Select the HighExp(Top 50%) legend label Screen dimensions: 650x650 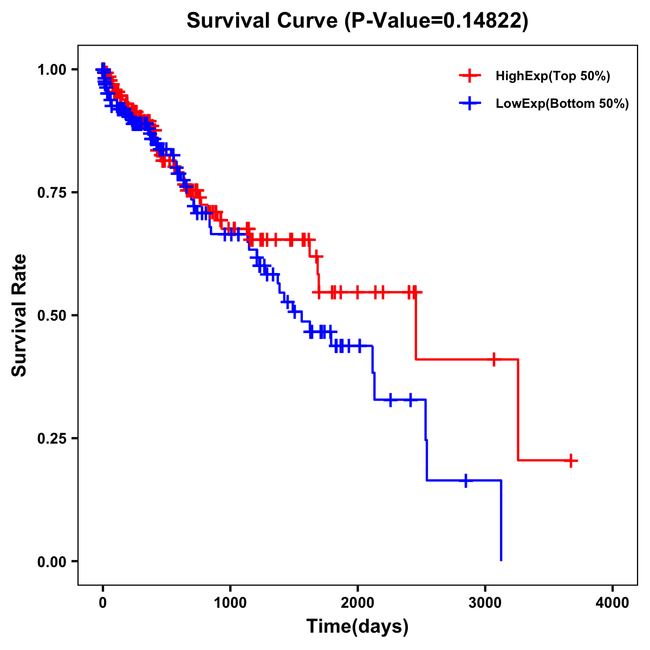click(553, 76)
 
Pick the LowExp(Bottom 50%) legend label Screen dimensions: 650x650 click(562, 104)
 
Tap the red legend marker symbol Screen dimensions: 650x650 click(470, 76)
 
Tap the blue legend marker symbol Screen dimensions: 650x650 click(470, 103)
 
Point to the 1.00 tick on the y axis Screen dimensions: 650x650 click(52, 69)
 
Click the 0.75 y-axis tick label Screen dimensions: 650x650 click(52, 192)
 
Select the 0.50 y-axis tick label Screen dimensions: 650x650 click(52, 315)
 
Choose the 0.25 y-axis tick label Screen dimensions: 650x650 click(52, 438)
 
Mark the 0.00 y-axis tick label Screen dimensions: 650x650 click(52, 561)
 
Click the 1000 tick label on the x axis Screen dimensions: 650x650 click(230, 603)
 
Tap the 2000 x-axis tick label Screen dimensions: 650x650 click(357, 603)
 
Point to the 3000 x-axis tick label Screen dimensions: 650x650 click(485, 603)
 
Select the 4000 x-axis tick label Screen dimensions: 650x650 click(613, 603)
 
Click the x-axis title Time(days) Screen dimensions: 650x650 click(357, 627)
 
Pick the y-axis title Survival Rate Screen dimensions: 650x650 click(19, 315)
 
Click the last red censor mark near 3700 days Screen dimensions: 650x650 click(570, 461)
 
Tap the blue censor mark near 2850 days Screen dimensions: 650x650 click(466, 480)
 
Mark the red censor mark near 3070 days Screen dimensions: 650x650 click(494, 359)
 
